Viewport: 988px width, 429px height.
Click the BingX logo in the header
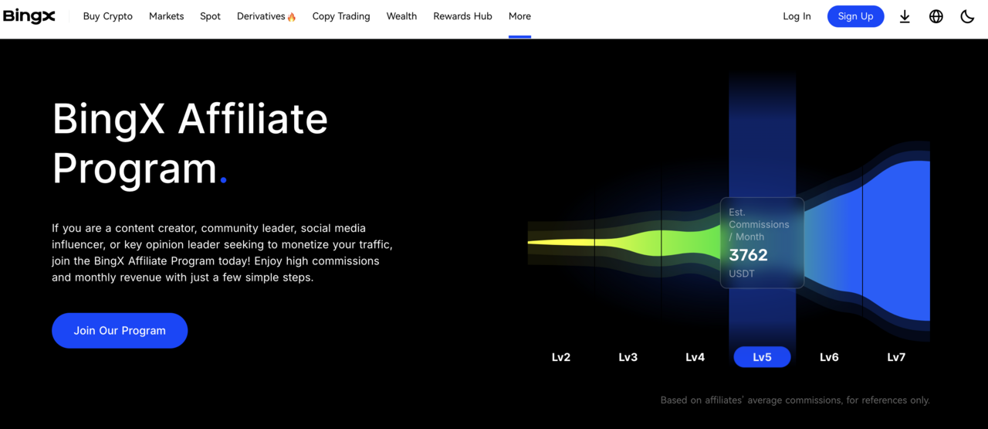pos(29,16)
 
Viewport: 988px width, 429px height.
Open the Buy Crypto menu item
pos(107,16)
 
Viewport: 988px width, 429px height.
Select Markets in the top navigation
pos(166,16)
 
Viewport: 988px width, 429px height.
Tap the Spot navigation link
pos(210,16)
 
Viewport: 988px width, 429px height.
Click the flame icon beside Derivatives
pos(292,17)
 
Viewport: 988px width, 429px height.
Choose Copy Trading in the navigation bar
pos(341,16)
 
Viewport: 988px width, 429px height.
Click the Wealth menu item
pos(401,16)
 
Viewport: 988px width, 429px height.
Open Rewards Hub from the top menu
pos(462,16)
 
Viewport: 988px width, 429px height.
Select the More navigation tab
pos(519,16)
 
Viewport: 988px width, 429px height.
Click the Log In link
pos(797,16)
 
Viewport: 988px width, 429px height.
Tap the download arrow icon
pos(905,16)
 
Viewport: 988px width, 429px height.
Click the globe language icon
pos(936,16)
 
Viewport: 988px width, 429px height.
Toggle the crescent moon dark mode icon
pos(967,16)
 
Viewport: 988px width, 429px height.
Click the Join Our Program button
pos(120,331)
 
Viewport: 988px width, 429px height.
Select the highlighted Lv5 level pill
pos(762,357)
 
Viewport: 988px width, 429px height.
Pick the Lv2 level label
pos(560,357)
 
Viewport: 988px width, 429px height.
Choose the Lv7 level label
pos(896,357)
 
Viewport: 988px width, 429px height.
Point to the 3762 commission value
pos(748,255)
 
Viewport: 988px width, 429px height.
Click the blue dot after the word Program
pos(223,179)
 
